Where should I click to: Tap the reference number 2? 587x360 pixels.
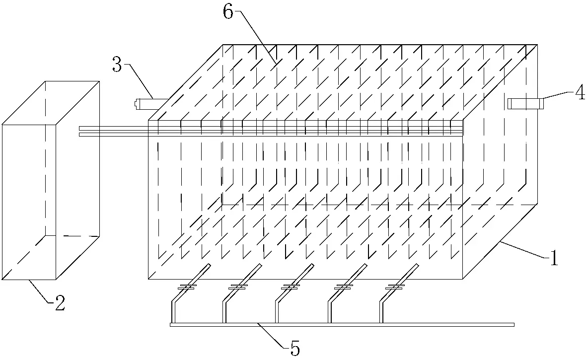[60, 303]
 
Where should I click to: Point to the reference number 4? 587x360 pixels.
[580, 92]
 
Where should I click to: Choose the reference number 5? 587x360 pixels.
[295, 349]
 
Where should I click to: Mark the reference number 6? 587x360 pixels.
[228, 12]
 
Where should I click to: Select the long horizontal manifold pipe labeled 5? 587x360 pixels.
[342, 324]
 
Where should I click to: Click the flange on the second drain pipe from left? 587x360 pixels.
[238, 287]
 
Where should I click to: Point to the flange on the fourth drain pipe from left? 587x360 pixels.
[343, 287]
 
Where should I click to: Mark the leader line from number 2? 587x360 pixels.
[39, 290]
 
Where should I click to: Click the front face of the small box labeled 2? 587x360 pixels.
[29, 202]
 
